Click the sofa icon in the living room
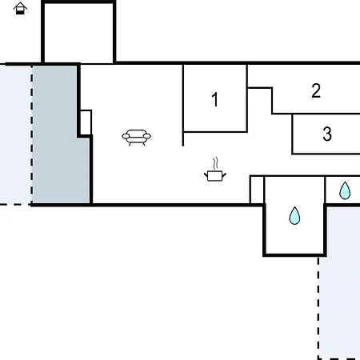(x=136, y=137)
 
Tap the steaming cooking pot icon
(x=215, y=170)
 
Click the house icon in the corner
(x=20, y=8)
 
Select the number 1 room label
(x=215, y=99)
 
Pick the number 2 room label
(x=316, y=91)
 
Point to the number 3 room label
(x=327, y=134)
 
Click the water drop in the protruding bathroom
(x=294, y=215)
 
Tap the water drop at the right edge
(x=345, y=190)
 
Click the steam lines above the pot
(x=216, y=163)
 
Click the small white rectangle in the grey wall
(x=86, y=122)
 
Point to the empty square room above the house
(x=78, y=33)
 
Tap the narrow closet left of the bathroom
(x=257, y=190)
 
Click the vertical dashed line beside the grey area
(x=32, y=134)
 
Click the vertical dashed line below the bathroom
(x=318, y=308)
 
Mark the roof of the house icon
(x=20, y=5)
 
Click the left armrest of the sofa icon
(x=126, y=137)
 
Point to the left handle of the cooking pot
(x=206, y=175)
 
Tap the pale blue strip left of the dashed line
(x=15, y=134)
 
